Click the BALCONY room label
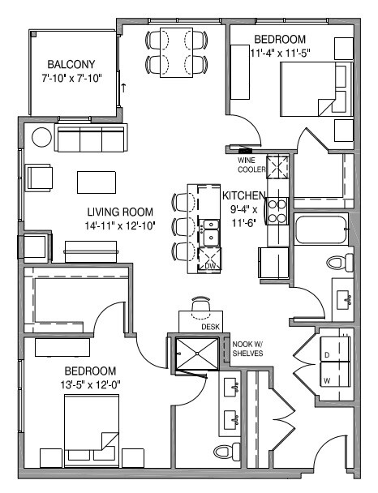pyautogui.click(x=71, y=64)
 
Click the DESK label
pyautogui.click(x=211, y=326)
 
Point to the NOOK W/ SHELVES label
pyautogui.click(x=247, y=346)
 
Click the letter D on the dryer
pyautogui.click(x=327, y=354)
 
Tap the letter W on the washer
pyautogui.click(x=327, y=379)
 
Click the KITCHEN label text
pyautogui.click(x=243, y=195)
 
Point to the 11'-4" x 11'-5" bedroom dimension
pyautogui.click(x=282, y=53)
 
